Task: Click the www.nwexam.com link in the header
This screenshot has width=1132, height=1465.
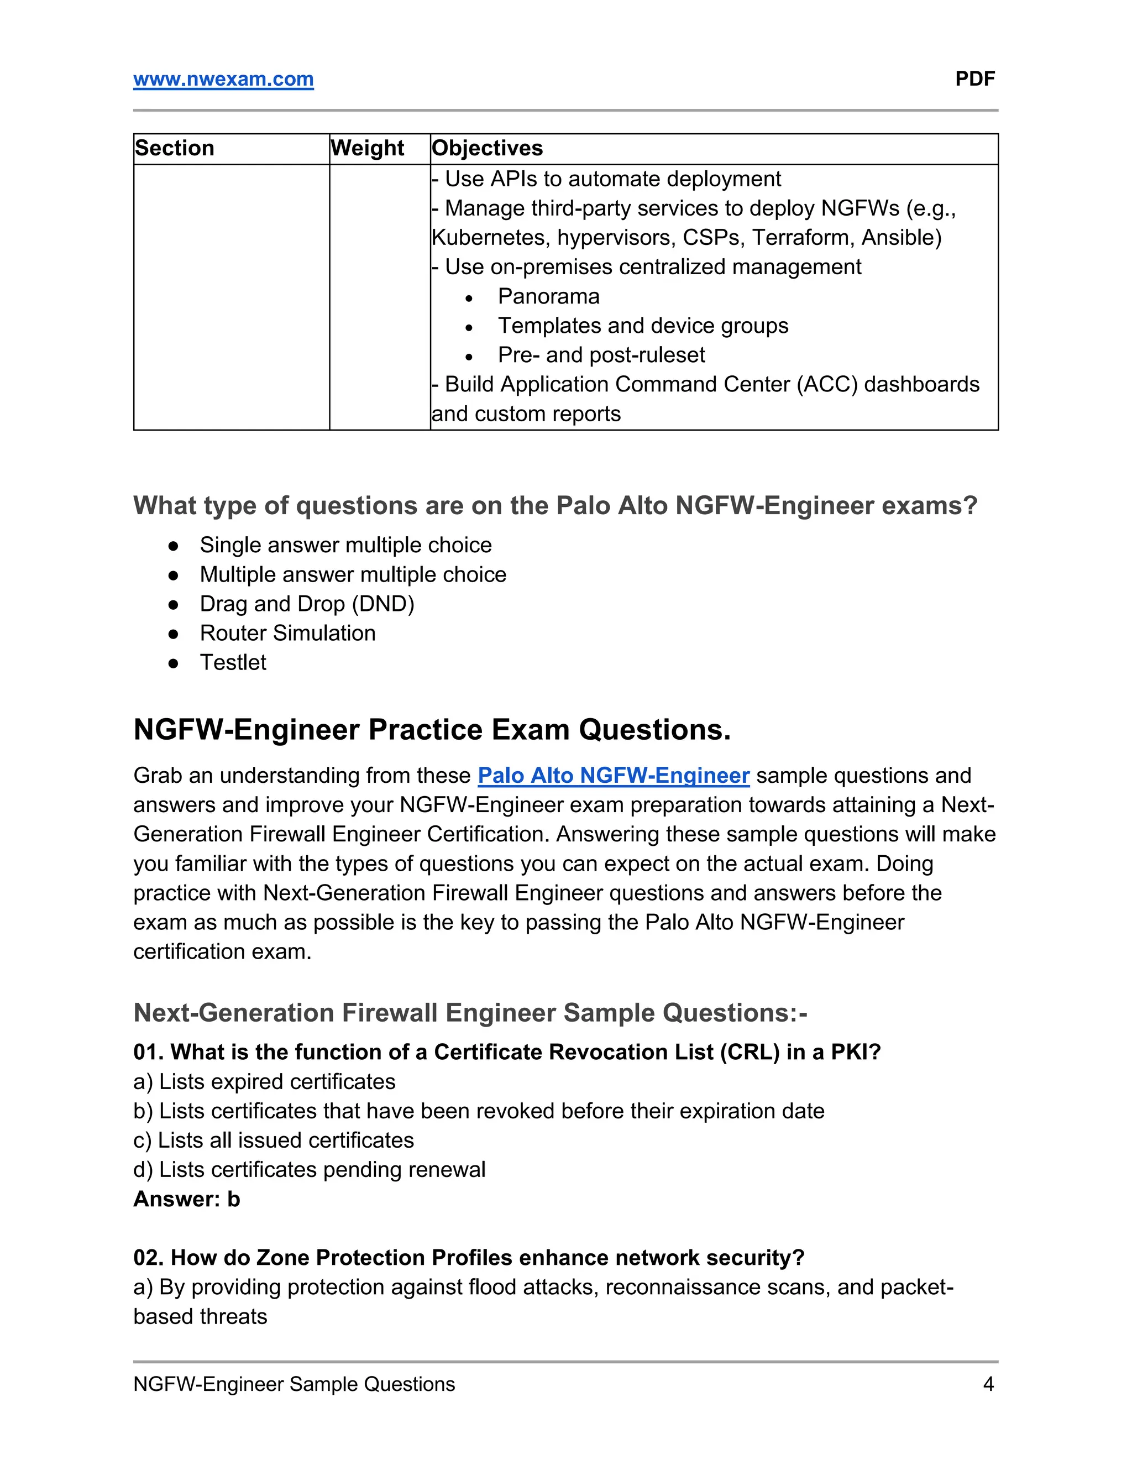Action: [223, 79]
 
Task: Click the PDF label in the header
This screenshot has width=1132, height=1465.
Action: [974, 79]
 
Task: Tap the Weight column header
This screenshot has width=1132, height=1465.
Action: [368, 148]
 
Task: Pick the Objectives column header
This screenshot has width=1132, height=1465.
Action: [488, 148]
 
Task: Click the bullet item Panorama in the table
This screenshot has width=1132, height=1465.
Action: [548, 296]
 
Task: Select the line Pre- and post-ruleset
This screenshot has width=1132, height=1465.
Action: [601, 355]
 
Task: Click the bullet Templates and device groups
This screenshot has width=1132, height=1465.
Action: [642, 326]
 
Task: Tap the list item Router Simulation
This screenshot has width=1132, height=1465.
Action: [287, 633]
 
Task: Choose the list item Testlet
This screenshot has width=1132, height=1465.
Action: [233, 663]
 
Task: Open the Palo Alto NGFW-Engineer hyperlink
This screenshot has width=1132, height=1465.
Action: [613, 776]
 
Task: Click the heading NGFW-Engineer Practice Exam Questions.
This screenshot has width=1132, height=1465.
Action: [432, 730]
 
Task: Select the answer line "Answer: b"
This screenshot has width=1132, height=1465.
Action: [186, 1199]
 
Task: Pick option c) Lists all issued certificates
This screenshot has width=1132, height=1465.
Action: [274, 1140]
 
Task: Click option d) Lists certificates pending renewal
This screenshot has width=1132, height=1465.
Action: [309, 1170]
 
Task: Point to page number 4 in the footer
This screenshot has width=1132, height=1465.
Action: [988, 1384]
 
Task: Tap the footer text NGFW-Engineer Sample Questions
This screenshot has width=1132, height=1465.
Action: [294, 1384]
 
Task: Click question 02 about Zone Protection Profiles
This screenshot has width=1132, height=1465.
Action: [469, 1258]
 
